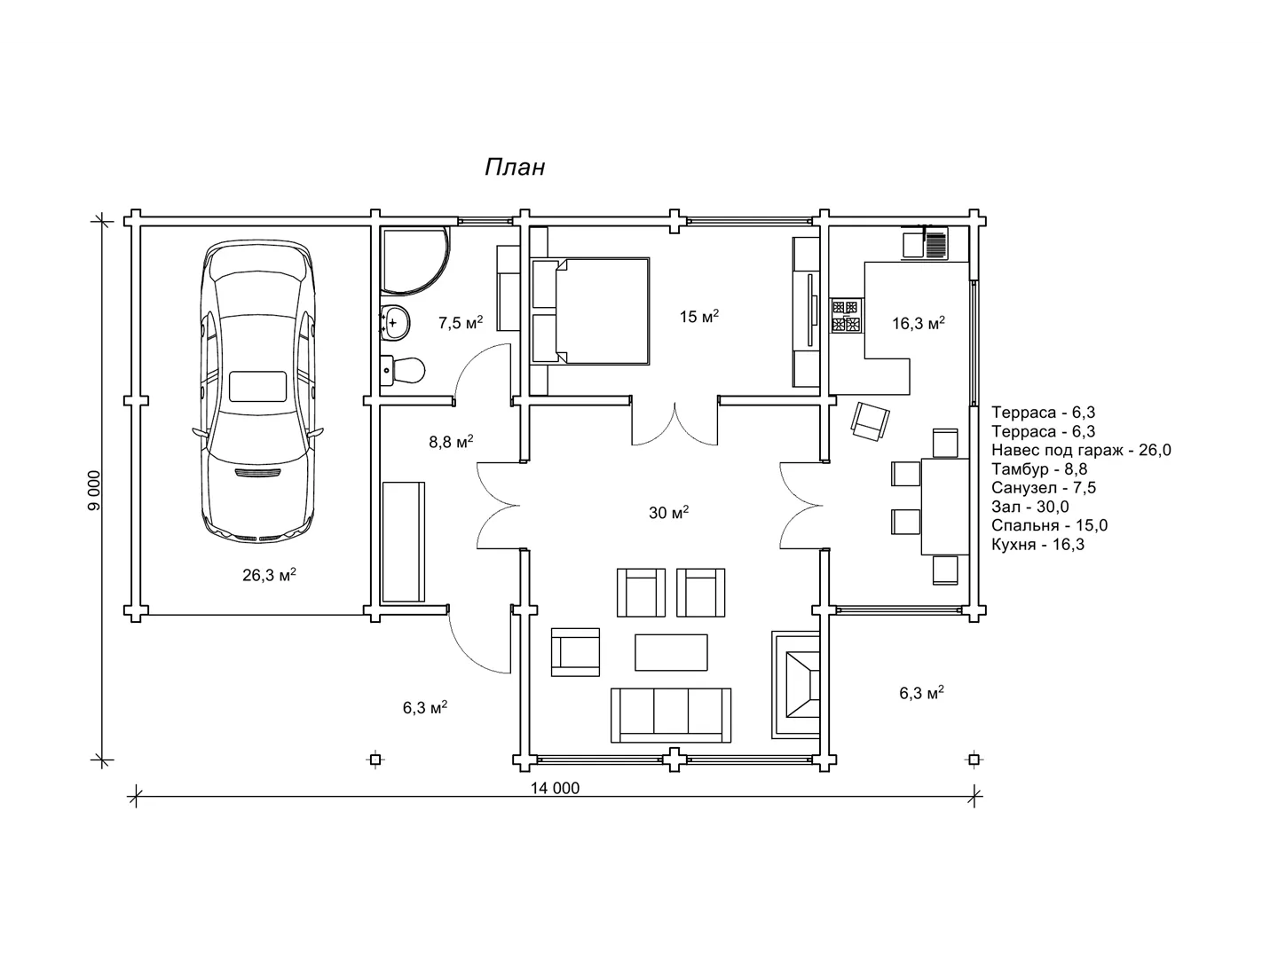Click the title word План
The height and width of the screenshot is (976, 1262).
[x=515, y=167]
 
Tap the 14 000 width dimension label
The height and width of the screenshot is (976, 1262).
[x=555, y=788]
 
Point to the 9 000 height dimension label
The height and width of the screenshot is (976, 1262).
[x=93, y=491]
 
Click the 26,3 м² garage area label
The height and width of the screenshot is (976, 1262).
[x=269, y=575]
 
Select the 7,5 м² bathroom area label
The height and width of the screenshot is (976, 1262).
[x=461, y=322]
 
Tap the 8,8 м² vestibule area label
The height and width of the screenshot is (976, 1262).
[x=451, y=442]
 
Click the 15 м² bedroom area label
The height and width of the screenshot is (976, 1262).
[x=699, y=317]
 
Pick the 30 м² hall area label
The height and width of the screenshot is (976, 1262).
[x=669, y=513]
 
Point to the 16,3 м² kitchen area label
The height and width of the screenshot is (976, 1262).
[x=919, y=323]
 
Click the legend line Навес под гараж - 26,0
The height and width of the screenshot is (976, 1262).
[x=1081, y=450]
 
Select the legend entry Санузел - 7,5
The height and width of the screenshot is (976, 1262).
[x=1044, y=488]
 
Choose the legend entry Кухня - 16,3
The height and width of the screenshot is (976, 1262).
[x=1037, y=545]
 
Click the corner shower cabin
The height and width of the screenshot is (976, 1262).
[x=414, y=258]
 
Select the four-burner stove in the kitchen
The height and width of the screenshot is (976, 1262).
[x=846, y=316]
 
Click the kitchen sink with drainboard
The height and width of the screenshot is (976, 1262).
[x=925, y=242]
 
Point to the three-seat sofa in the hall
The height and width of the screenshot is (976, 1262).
[x=671, y=715]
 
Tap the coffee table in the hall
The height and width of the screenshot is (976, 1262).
[x=671, y=652]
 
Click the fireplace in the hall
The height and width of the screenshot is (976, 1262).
[x=796, y=685]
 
